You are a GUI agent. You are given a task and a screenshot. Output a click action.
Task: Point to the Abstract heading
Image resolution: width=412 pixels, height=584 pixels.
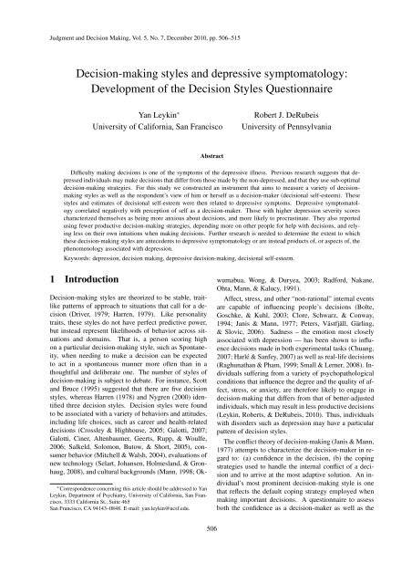[206, 156]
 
